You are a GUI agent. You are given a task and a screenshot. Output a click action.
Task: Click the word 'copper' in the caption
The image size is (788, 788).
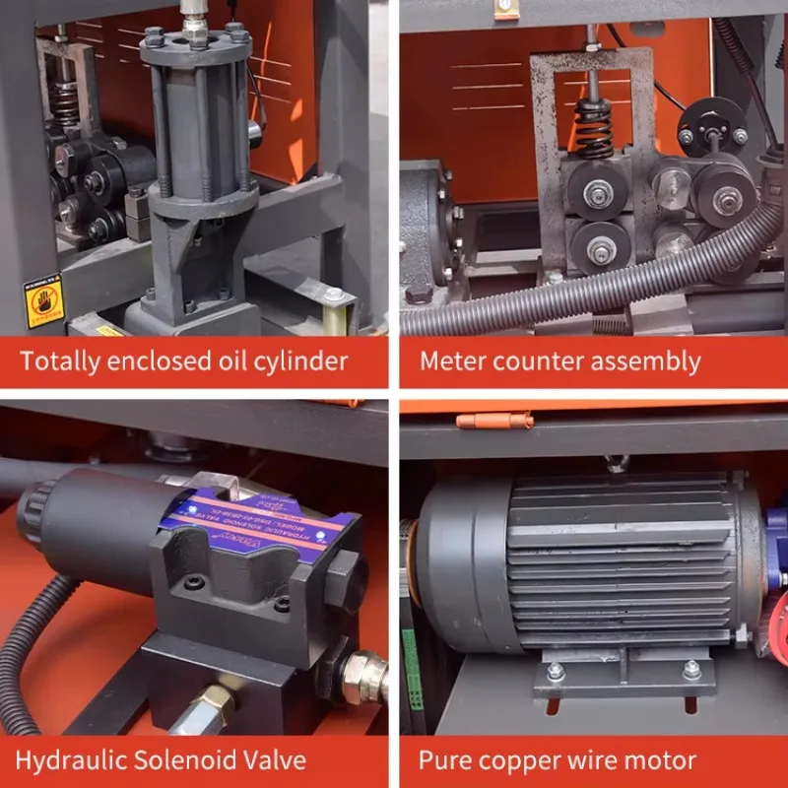(517, 759)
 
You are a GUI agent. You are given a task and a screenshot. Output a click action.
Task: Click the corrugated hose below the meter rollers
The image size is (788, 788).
(591, 286)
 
